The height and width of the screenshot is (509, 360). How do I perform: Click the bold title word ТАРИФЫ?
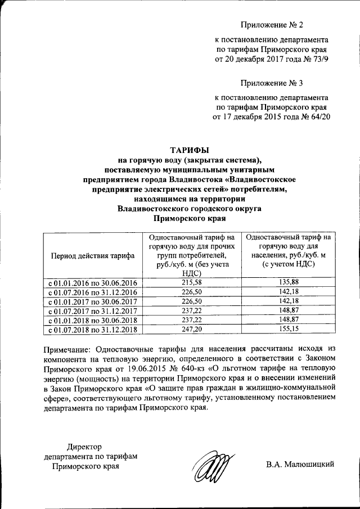pos(189,150)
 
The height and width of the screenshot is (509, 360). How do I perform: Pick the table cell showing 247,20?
pos(192,329)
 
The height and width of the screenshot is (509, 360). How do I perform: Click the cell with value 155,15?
pos(287,329)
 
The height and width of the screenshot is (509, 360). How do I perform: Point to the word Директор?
pos(85,447)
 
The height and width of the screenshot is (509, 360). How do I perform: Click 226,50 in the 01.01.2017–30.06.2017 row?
pos(192,301)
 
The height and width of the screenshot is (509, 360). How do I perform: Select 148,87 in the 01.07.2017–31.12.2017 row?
pos(287,310)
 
